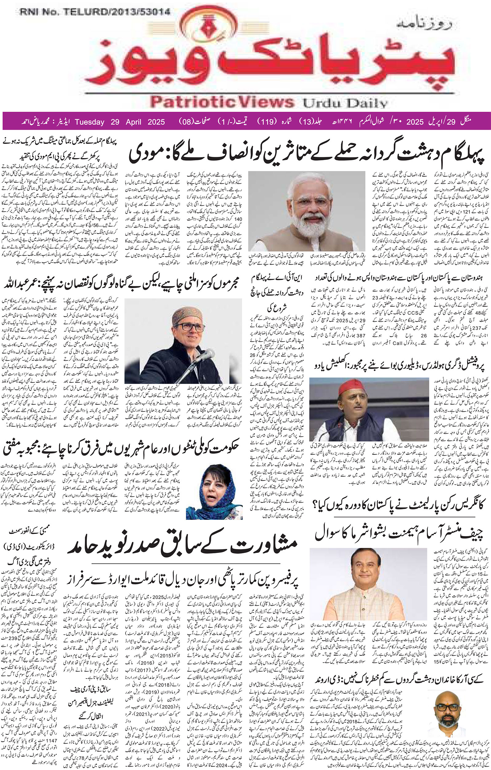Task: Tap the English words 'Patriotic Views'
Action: tap(222, 102)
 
